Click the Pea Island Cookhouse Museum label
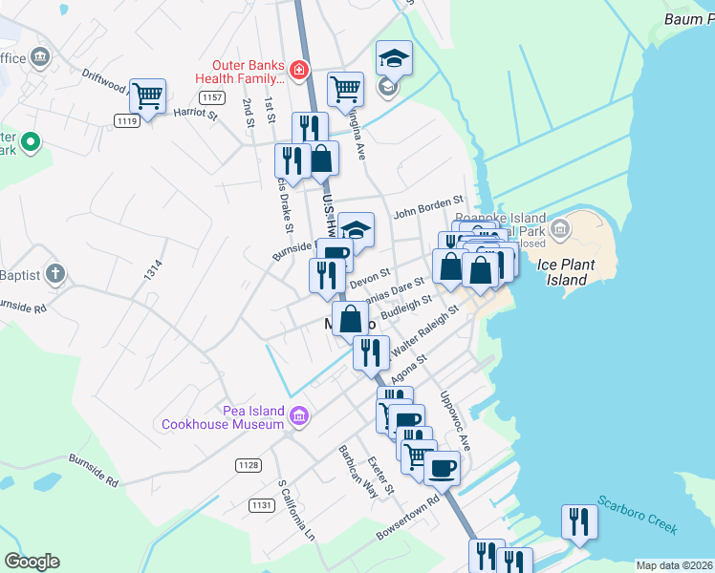coord(225,417)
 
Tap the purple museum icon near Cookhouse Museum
coord(299,415)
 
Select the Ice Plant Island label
coord(579,272)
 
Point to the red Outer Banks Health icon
coord(299,70)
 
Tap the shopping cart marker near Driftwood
coord(147,95)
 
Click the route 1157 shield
coord(212,98)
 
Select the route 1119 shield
coord(126,119)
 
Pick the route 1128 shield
coord(249,465)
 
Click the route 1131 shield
coord(260,505)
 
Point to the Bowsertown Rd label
coord(407,517)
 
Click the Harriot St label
coord(196,114)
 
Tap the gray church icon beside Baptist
coord(55,275)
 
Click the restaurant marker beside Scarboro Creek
coord(579,521)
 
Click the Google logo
coord(32,562)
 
